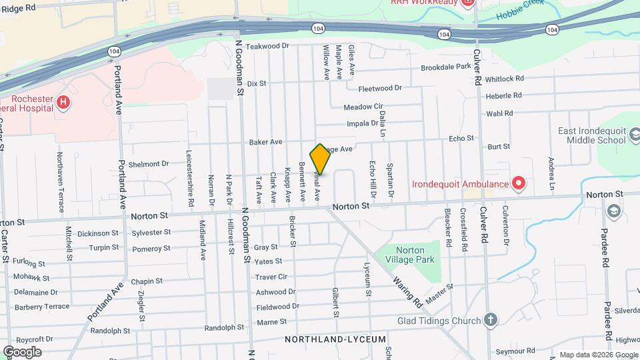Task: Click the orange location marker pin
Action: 320,159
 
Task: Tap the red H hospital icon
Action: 63,102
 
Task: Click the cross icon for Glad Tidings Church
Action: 491,321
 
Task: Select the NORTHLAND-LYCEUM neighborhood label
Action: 335,339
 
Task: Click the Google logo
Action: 22,351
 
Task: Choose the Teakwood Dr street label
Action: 267,46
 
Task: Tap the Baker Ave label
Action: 265,142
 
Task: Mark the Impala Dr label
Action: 363,123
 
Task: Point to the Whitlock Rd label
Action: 504,78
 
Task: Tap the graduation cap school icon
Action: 614,212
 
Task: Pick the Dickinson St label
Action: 97,233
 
